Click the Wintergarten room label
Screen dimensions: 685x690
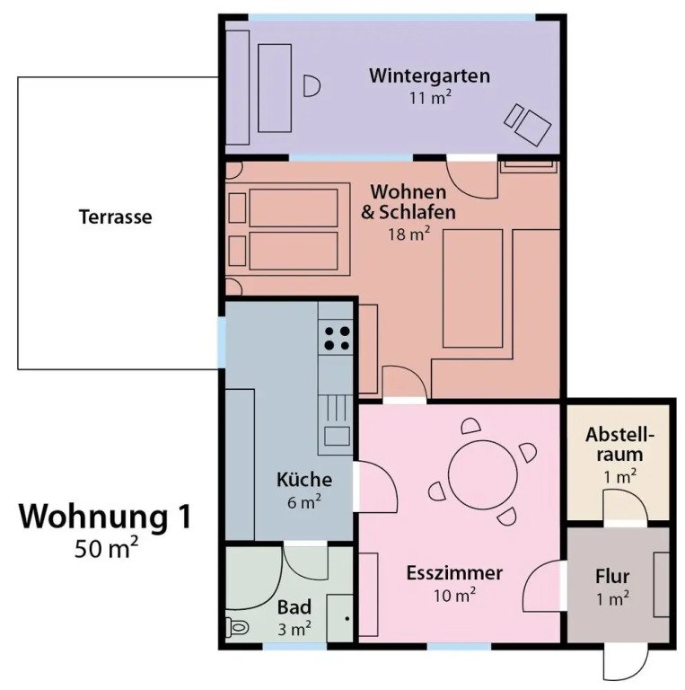pos(429,75)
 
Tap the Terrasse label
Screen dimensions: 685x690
pos(115,217)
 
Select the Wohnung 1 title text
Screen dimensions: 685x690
pos(105,516)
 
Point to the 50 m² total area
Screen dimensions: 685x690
pos(107,548)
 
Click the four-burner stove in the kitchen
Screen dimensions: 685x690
pos(337,338)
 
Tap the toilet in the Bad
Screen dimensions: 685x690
pos(237,626)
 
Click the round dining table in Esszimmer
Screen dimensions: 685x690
pos(482,474)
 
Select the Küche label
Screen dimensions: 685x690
pos(304,479)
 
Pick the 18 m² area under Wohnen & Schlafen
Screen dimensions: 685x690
pos(408,234)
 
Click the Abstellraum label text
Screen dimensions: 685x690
pos(620,445)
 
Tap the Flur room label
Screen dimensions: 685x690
pos(612,577)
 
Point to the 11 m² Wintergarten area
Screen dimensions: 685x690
pos(430,97)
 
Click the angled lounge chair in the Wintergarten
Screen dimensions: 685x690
pos(528,124)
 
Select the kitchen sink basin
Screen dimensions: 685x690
pos(338,436)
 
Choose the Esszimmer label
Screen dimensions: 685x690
pos(454,573)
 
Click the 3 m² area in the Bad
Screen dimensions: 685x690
pos(294,629)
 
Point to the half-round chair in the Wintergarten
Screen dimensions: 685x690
pos(312,86)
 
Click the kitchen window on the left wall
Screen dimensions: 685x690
pos(222,342)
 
